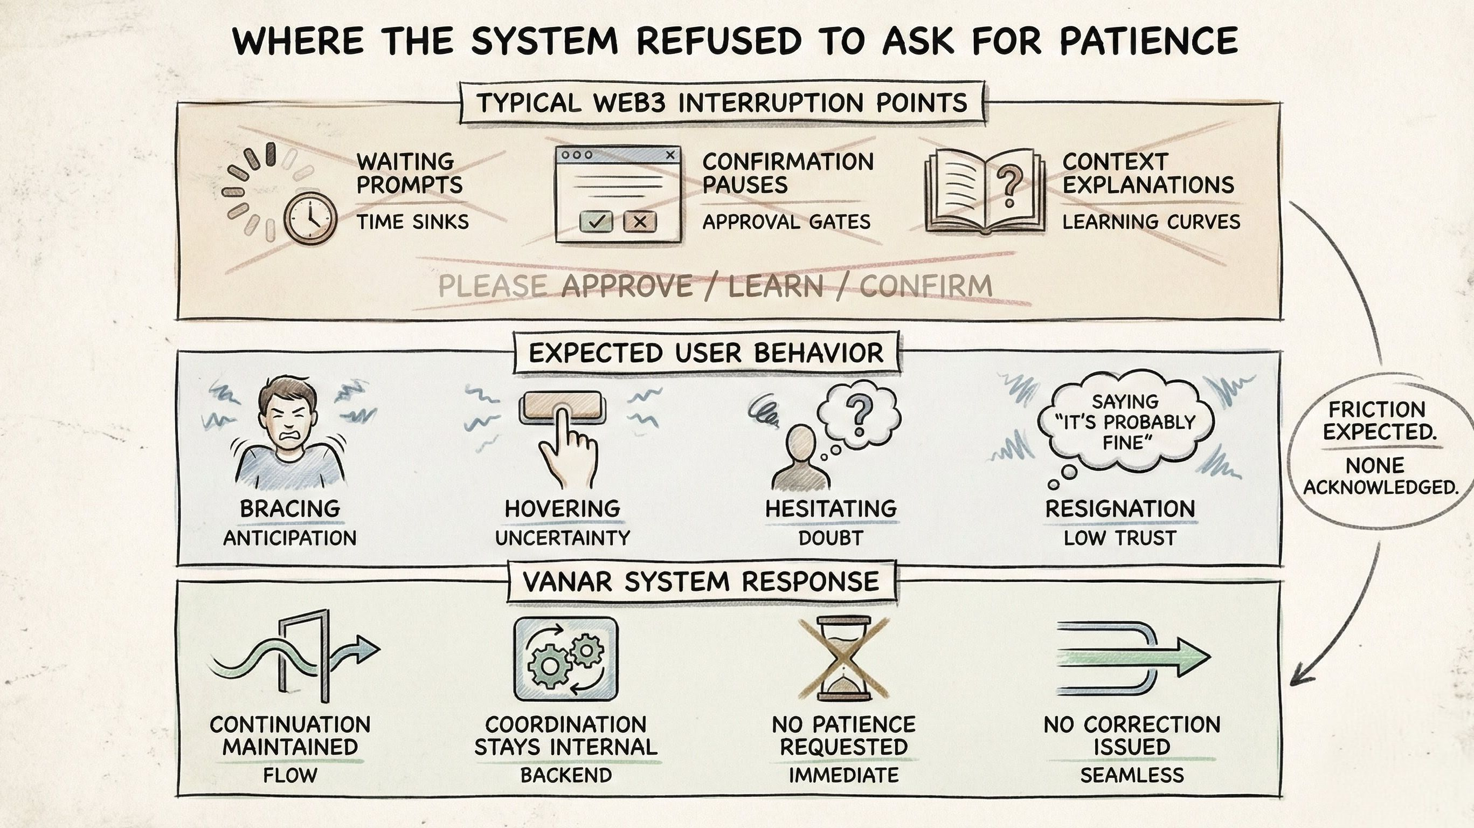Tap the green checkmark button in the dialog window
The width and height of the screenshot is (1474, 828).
(x=596, y=222)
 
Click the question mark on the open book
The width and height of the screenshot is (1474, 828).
(x=1009, y=185)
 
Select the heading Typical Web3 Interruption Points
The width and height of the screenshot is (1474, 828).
(x=722, y=103)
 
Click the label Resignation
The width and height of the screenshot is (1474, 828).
(x=1120, y=509)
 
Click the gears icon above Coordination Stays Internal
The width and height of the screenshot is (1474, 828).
(x=565, y=659)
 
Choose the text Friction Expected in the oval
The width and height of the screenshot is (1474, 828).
(x=1379, y=420)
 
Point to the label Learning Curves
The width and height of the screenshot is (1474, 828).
(x=1151, y=222)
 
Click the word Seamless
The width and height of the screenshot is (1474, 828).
(x=1132, y=775)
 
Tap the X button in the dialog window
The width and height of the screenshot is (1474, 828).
(x=640, y=222)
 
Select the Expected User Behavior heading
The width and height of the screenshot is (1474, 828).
(x=706, y=353)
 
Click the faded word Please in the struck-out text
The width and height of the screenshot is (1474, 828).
(x=492, y=286)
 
